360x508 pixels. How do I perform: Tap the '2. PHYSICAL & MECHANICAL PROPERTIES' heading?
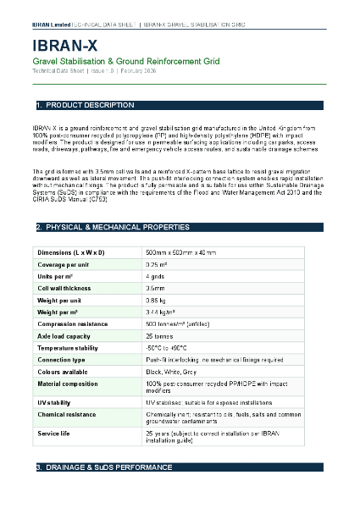(x=113, y=228)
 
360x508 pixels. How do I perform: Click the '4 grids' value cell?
(x=155, y=277)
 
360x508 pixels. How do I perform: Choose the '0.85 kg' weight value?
(x=156, y=301)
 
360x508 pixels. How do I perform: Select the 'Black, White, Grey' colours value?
(x=173, y=372)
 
